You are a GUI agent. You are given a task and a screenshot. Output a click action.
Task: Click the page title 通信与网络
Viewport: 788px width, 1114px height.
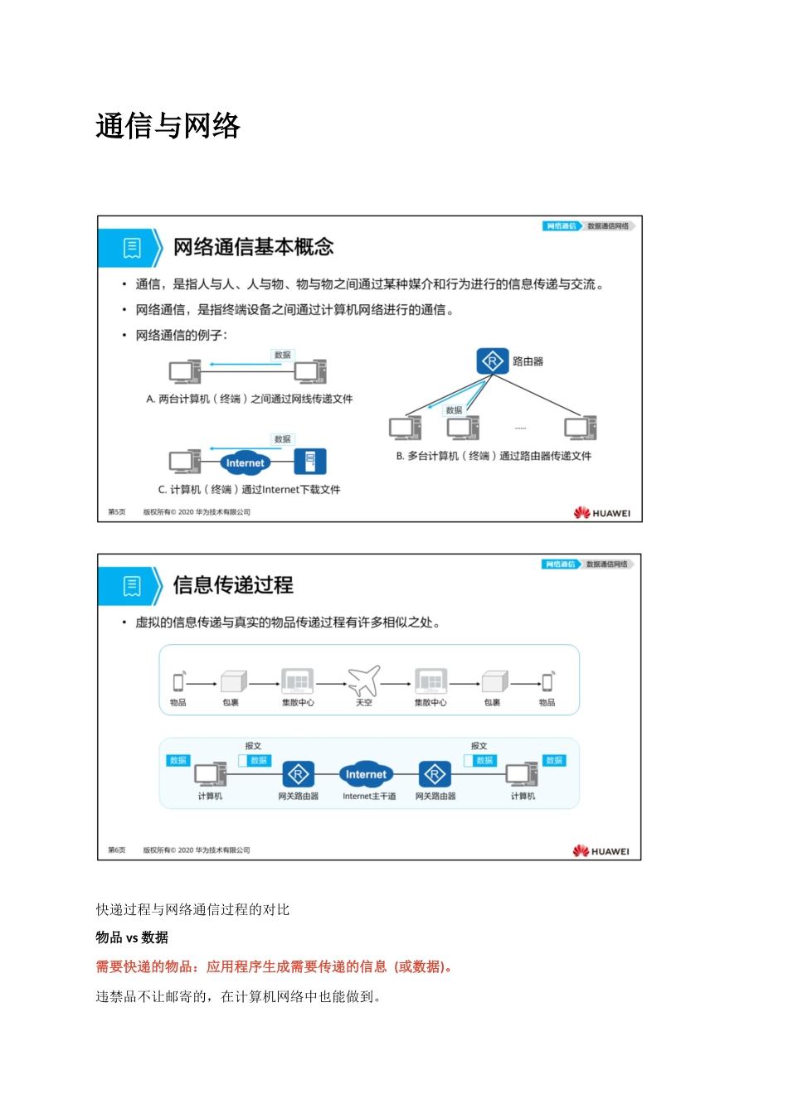click(x=168, y=126)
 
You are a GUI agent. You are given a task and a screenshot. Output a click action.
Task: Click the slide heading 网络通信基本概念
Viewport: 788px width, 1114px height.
click(x=253, y=247)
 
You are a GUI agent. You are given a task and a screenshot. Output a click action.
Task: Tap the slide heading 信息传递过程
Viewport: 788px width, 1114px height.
click(x=233, y=585)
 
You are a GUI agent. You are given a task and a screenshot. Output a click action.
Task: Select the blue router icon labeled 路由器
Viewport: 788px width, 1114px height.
click(x=492, y=361)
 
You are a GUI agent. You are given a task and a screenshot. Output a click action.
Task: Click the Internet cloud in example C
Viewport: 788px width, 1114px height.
click(x=245, y=463)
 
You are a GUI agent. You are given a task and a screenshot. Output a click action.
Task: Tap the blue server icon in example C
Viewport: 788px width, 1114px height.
click(x=310, y=461)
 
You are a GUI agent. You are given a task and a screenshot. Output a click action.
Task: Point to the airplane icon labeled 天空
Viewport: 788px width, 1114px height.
click(x=363, y=681)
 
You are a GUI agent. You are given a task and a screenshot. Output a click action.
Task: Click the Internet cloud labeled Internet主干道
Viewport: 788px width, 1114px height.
click(x=366, y=774)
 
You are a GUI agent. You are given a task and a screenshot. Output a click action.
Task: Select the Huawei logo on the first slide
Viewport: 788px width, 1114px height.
click(x=602, y=513)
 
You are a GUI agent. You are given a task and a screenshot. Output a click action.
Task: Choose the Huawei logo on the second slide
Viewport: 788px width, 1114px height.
click(x=601, y=851)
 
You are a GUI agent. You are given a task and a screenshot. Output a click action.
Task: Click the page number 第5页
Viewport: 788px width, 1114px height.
click(x=117, y=512)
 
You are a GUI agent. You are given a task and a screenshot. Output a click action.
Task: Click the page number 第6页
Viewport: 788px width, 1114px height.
click(x=117, y=850)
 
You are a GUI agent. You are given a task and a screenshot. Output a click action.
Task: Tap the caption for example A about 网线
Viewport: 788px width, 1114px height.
click(x=249, y=400)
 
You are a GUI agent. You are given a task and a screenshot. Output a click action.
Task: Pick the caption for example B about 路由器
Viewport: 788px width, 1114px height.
click(x=494, y=456)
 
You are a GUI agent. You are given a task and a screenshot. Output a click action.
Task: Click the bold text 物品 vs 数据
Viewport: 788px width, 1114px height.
click(x=132, y=937)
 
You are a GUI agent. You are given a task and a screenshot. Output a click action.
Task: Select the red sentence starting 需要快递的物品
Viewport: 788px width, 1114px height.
click(x=274, y=966)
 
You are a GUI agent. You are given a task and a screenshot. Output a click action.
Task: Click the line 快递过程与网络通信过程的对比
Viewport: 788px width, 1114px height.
click(x=192, y=909)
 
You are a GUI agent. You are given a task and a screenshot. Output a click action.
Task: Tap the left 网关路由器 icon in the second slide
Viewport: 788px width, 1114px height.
click(x=298, y=774)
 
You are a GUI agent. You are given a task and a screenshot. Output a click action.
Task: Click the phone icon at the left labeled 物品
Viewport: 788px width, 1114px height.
click(x=178, y=682)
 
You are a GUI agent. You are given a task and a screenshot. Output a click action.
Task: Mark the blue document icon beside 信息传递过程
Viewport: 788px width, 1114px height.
click(x=132, y=586)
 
